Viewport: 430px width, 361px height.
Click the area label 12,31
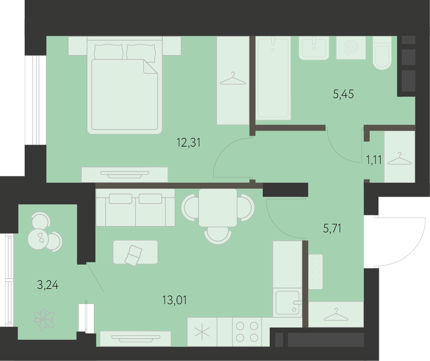[x=189, y=143]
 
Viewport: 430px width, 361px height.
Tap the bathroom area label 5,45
[x=343, y=94]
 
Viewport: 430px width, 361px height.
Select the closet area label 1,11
[x=374, y=159]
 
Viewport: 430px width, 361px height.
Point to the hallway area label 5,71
[x=333, y=228]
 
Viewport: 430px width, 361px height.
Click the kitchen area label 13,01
[x=174, y=300]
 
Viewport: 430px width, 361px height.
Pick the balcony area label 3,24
[x=48, y=285]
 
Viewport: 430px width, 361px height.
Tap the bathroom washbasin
[x=314, y=48]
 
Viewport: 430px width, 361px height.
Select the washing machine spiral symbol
[x=351, y=48]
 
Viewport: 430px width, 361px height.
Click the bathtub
[x=273, y=78]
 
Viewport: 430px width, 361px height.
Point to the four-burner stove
[x=247, y=332]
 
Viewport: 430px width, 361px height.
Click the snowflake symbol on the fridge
[x=202, y=332]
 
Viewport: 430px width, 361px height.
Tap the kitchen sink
[x=288, y=303]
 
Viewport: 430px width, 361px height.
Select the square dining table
[x=218, y=208]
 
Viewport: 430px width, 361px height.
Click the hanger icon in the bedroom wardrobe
[x=233, y=79]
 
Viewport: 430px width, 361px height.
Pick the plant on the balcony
[x=44, y=319]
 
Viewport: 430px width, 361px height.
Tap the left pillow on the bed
[x=109, y=52]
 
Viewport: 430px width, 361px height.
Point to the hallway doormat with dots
[x=316, y=272]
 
